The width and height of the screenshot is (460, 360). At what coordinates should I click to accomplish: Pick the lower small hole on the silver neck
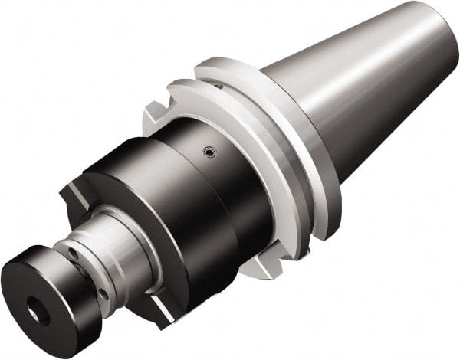point(103,292)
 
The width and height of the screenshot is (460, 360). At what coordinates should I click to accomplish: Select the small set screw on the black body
point(206,153)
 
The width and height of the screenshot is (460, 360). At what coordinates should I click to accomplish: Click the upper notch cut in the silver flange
point(153,115)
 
